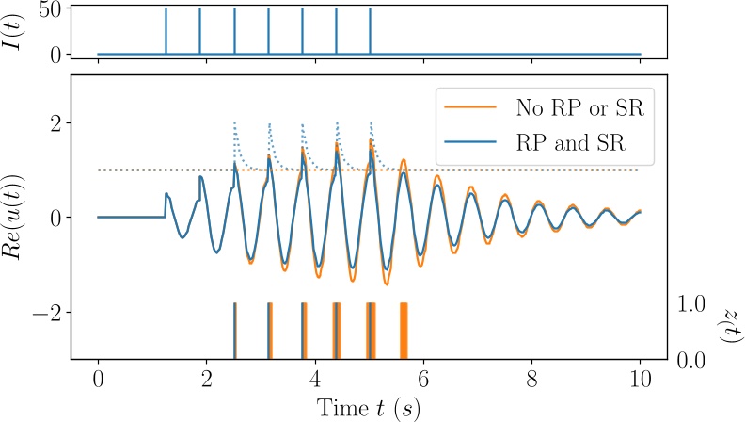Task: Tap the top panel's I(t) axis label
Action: click(x=18, y=31)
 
